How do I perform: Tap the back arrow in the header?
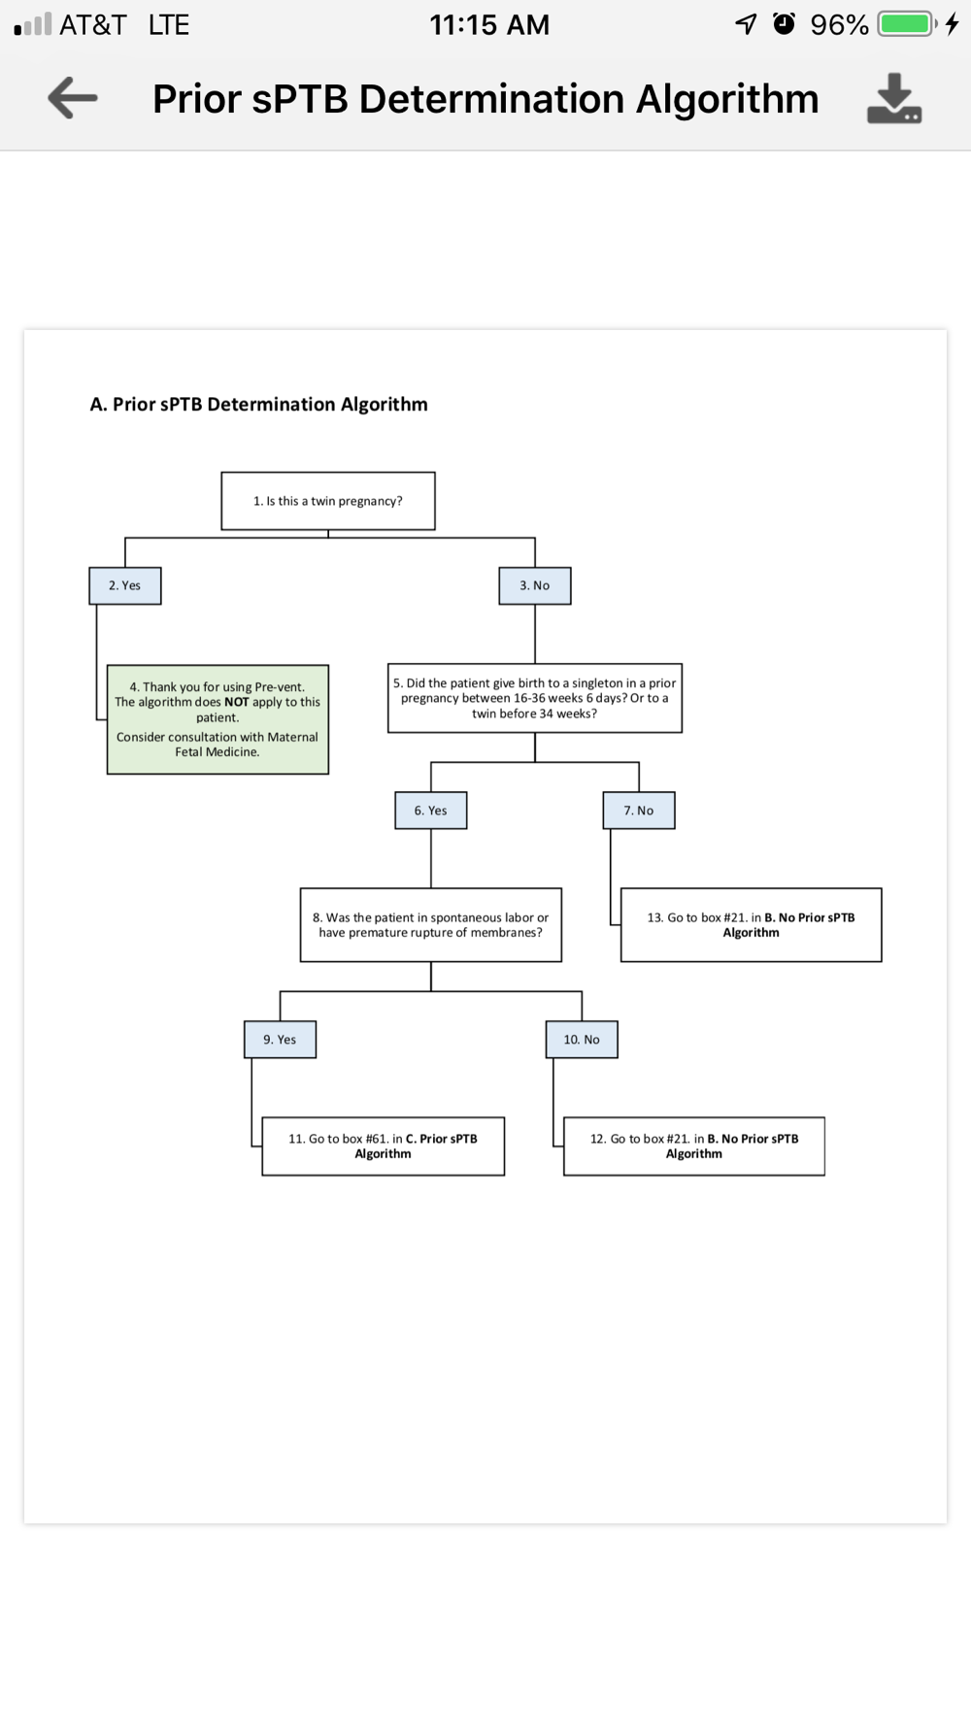(x=73, y=98)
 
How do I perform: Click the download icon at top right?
(x=893, y=98)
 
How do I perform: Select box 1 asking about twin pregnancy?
(x=328, y=501)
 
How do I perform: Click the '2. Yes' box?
(x=125, y=585)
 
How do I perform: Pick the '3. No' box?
(x=535, y=585)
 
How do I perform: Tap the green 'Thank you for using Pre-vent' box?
(x=218, y=719)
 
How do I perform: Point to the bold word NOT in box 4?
(x=236, y=702)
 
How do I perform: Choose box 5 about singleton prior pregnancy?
(x=535, y=698)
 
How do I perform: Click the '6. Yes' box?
(x=431, y=811)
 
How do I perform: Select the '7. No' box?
(x=639, y=811)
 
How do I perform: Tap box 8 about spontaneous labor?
(x=431, y=925)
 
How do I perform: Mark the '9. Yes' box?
(x=280, y=1040)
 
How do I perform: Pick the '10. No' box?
(x=582, y=1040)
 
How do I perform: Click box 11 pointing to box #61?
(x=384, y=1146)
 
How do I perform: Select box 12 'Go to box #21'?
(x=694, y=1146)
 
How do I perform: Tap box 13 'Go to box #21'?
(x=752, y=925)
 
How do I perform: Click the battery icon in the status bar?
(x=906, y=24)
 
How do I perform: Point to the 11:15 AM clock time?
(x=489, y=24)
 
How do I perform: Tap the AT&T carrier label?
(x=93, y=24)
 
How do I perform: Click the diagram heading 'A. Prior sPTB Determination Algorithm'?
(x=258, y=405)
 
